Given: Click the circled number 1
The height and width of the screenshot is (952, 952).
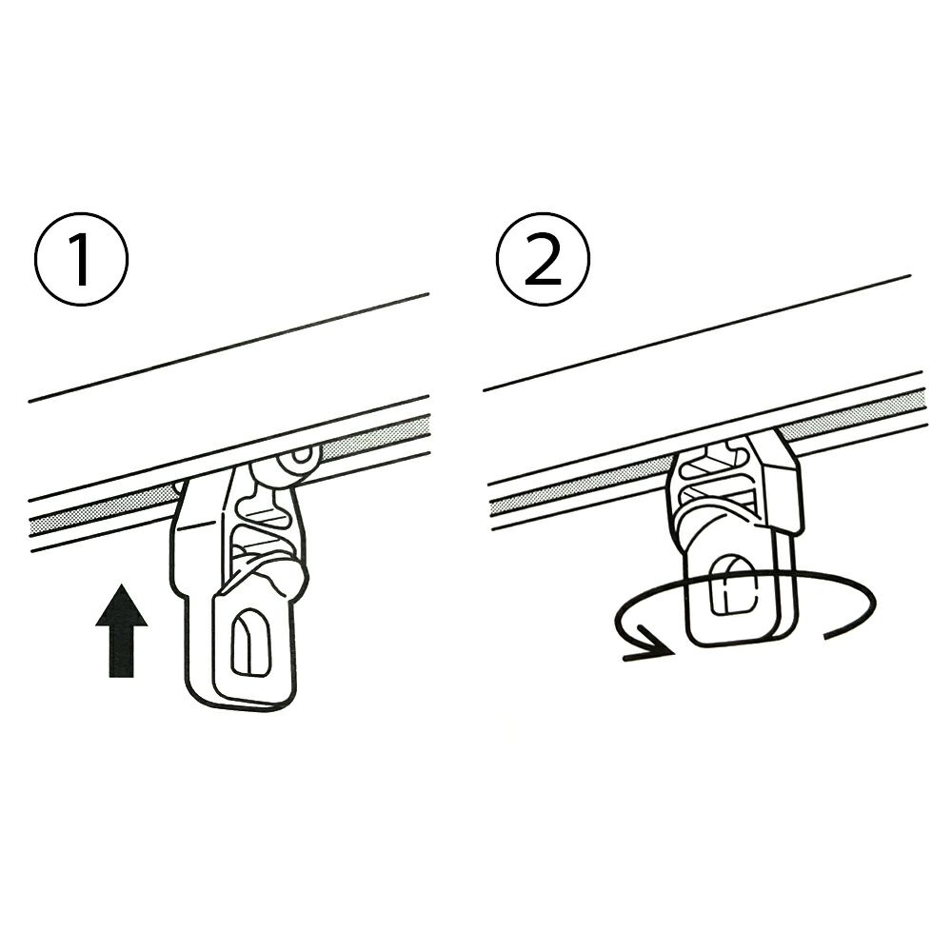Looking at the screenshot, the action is coord(81,259).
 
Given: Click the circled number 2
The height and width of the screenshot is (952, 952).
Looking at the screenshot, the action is coord(543,259).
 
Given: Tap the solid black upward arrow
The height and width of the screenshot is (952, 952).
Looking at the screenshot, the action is coord(122,630).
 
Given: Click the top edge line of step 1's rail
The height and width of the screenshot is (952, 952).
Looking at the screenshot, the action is coord(229,347).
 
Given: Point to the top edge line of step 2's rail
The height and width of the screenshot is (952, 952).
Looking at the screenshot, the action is coord(697,332).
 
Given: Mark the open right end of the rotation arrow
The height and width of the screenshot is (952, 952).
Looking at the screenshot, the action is coord(823,635).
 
